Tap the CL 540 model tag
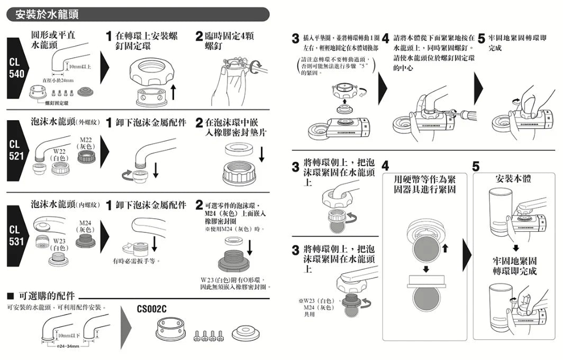[14, 68]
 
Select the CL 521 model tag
[14, 150]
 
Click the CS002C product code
[151, 309]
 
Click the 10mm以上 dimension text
[79, 67]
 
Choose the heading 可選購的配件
[46, 295]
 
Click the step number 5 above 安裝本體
[476, 166]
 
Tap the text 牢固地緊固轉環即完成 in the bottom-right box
[513, 266]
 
